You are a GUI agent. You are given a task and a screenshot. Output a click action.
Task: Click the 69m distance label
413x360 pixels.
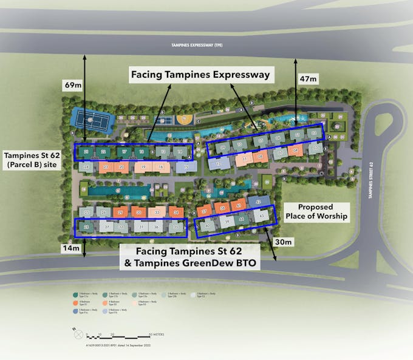[x=73, y=86]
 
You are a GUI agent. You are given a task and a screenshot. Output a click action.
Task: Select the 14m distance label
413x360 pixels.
[x=71, y=248]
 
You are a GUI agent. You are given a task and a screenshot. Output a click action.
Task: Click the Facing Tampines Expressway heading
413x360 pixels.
[x=201, y=75]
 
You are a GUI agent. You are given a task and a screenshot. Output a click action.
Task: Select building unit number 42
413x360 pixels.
[x=258, y=201]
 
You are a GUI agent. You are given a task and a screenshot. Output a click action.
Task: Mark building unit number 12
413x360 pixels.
[x=218, y=163]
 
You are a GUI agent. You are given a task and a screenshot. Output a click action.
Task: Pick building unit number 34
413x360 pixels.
[x=176, y=212]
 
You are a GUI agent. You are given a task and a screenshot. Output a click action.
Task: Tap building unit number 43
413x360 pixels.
[x=262, y=216]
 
